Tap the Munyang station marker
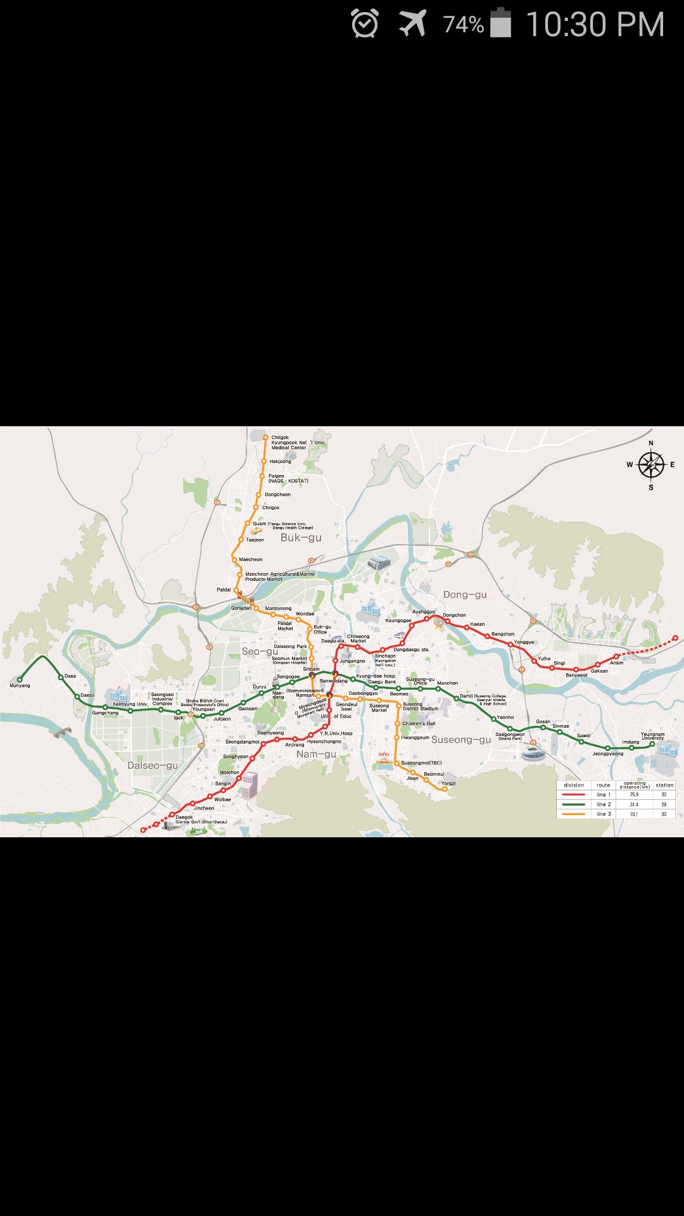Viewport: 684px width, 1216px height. pos(20,680)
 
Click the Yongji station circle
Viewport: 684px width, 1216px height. pos(445,788)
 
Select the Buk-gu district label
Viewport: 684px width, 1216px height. pos(301,538)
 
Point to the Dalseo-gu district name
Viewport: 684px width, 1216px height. pos(153,765)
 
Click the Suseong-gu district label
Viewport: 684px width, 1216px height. pos(461,739)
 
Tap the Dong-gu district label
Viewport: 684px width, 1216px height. pos(465,594)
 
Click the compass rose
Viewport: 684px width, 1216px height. pos(650,465)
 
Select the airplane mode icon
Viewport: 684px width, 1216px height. pos(412,24)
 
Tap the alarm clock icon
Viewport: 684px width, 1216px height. pos(365,24)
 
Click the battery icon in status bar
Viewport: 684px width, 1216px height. pos(500,24)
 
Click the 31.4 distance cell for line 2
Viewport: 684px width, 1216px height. pos(634,804)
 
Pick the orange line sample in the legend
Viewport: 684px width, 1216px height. pos(574,814)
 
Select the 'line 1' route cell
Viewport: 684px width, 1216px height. pos(604,794)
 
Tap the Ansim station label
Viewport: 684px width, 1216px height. pos(616,662)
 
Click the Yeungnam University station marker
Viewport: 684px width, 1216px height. pos(652,744)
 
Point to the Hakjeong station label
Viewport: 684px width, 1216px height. pos(280,462)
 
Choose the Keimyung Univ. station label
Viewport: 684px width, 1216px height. pos(130,704)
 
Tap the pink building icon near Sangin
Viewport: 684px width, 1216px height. pos(248,785)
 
